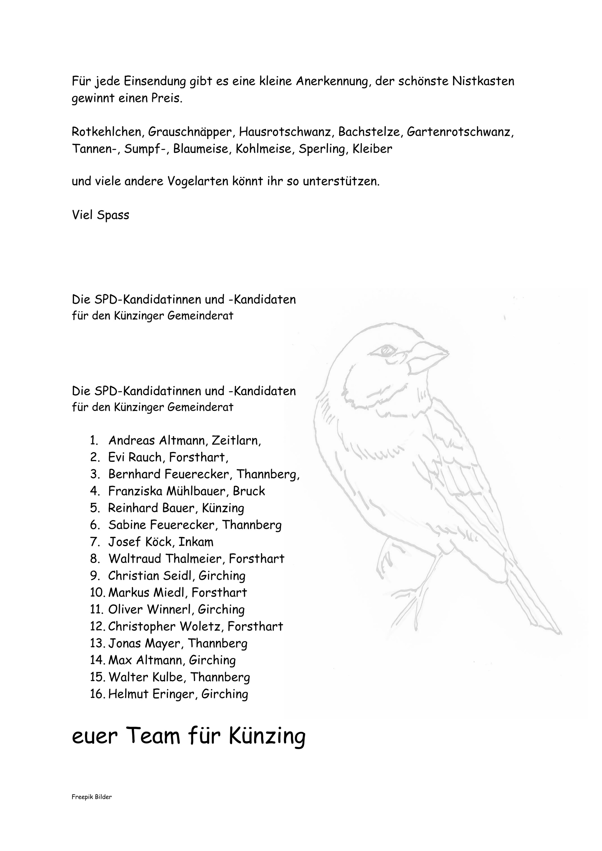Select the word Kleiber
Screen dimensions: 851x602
coord(372,149)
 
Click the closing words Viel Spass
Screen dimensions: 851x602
coord(101,215)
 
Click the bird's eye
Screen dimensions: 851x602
coord(388,349)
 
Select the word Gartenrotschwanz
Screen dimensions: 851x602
coord(460,132)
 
